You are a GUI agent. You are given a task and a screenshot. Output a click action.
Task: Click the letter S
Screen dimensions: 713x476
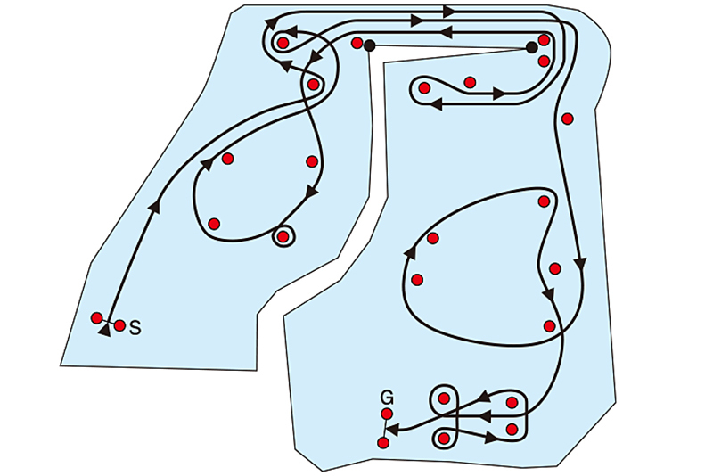[x=135, y=327]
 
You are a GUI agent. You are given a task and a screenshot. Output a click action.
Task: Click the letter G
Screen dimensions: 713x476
[x=387, y=398]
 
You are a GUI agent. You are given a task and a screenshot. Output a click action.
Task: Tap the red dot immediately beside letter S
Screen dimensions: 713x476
[x=119, y=325]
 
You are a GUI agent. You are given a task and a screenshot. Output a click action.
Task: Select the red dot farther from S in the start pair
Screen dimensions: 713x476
[x=96, y=318]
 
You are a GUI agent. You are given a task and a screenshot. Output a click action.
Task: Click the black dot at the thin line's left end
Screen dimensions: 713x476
[x=370, y=45]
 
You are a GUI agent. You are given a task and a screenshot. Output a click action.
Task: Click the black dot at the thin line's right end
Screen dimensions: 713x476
[x=531, y=47]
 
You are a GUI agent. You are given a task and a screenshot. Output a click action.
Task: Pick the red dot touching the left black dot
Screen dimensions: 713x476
[x=357, y=43]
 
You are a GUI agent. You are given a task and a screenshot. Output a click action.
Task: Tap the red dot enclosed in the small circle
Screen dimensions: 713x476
[x=283, y=236]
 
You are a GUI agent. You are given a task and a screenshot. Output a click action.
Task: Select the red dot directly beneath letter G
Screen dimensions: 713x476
[x=387, y=414]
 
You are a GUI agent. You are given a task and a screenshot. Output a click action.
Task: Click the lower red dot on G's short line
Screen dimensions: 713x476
[x=383, y=442]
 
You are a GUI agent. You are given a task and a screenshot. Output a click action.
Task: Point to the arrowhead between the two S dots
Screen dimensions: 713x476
[x=104, y=331]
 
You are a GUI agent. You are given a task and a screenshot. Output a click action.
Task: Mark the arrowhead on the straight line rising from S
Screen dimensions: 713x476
[x=155, y=206]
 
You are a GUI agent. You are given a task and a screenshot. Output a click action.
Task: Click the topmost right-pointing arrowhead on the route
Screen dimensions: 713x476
[x=449, y=12]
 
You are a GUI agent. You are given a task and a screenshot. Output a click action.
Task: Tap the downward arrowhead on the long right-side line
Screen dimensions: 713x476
[x=580, y=264]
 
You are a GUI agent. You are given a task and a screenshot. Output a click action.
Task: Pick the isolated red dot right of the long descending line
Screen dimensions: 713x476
[x=567, y=119]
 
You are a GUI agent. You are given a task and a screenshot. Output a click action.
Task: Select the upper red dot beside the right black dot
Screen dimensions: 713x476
[x=545, y=40]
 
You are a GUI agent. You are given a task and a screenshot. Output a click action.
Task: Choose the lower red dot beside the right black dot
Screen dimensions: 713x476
[x=544, y=61]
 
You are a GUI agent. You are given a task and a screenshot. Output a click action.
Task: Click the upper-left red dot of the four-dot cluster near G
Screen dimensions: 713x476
[x=444, y=398]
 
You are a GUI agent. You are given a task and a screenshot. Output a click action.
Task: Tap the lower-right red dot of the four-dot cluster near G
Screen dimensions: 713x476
[x=512, y=429]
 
